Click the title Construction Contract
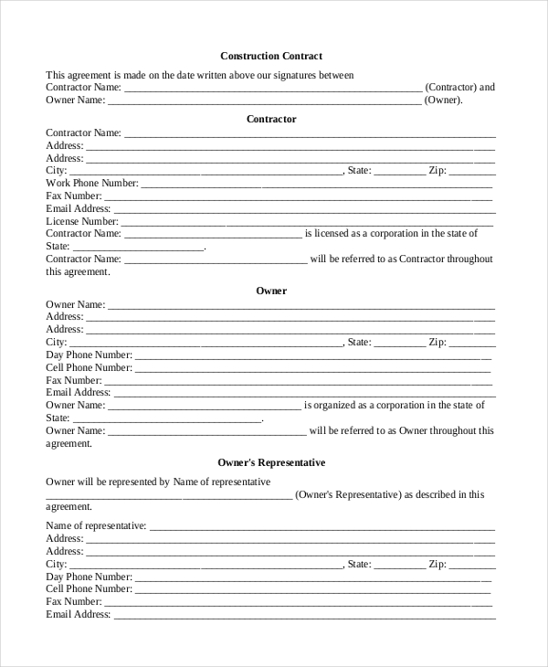point(271,56)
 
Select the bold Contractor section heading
point(271,119)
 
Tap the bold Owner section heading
point(271,291)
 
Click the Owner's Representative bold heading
point(271,462)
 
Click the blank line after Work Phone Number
point(316,184)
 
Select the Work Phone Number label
point(92,183)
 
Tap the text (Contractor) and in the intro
point(460,87)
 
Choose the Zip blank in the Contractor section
point(472,171)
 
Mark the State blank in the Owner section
point(400,343)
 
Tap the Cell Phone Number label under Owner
point(90,367)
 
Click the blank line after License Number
point(307,222)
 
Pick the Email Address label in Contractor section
point(79,208)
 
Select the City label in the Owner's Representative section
point(57,564)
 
